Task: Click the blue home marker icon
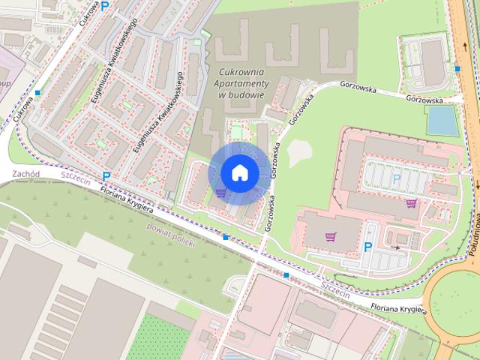tap(239, 172)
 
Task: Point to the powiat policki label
tap(171, 235)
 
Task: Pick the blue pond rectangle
tap(442, 120)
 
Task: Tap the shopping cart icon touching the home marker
tap(220, 193)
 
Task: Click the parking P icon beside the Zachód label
tap(106, 177)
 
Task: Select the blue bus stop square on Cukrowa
tap(37, 93)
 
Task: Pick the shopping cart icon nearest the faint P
tap(411, 202)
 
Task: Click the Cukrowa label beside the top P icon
tap(88, 15)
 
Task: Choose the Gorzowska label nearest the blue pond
tap(424, 98)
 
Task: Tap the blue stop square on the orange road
tap(457, 69)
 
